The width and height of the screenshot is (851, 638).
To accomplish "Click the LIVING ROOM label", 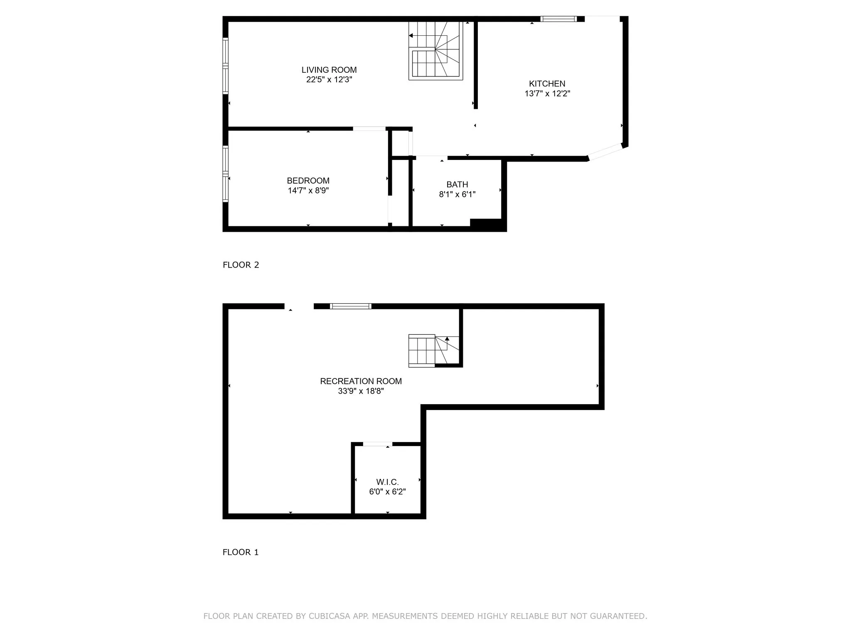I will coord(329,70).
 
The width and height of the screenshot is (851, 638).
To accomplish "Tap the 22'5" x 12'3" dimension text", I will coord(329,80).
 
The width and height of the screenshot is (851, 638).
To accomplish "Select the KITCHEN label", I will coord(547,83).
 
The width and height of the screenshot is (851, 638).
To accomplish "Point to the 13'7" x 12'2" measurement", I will coord(547,94).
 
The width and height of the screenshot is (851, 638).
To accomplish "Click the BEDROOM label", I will coord(308,181).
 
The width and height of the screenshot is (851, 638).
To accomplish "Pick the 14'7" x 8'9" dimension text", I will coord(308,191).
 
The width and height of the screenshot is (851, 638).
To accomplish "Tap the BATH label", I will coord(457,184).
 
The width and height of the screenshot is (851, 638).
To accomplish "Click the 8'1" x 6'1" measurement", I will coord(457,194).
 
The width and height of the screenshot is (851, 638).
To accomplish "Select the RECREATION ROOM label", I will coord(361,381).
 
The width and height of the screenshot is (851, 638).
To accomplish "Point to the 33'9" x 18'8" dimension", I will coord(361,391).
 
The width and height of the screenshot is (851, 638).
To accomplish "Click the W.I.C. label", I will coord(387,482).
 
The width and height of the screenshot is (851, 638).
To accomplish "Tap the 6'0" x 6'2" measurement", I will coord(387,492).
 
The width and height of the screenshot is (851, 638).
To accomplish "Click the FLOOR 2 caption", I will coord(241,265).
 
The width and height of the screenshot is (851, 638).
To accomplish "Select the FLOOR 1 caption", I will coord(240,552).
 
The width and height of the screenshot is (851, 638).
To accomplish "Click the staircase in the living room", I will coord(435,51).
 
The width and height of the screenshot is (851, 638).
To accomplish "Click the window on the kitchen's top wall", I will coord(558,19).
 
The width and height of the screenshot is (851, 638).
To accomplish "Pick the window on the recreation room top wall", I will coord(350,307).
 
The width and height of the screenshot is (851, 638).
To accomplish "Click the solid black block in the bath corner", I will coord(486,224).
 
